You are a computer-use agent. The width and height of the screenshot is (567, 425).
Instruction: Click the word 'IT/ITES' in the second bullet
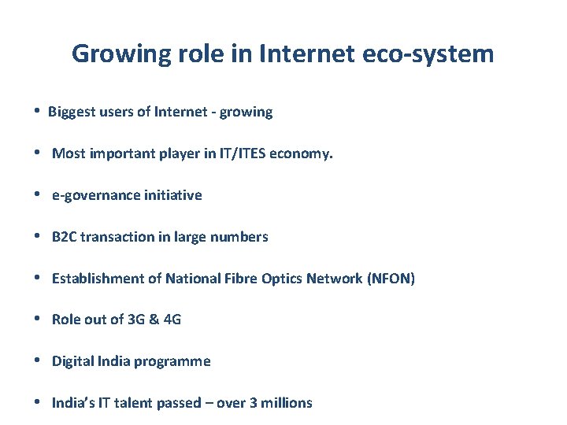pos(243,153)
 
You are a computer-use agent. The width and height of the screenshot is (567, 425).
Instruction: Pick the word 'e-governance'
pos(95,195)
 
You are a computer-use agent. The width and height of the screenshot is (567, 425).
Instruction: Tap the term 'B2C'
pos(65,237)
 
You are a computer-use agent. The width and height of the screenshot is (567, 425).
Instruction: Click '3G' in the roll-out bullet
pos(137,320)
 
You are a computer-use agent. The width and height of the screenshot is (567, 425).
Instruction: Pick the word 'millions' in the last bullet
pos(285,403)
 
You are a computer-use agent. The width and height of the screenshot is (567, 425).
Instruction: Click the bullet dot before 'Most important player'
pos(39,153)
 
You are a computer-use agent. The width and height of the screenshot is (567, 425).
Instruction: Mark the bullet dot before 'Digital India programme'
pos(39,360)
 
